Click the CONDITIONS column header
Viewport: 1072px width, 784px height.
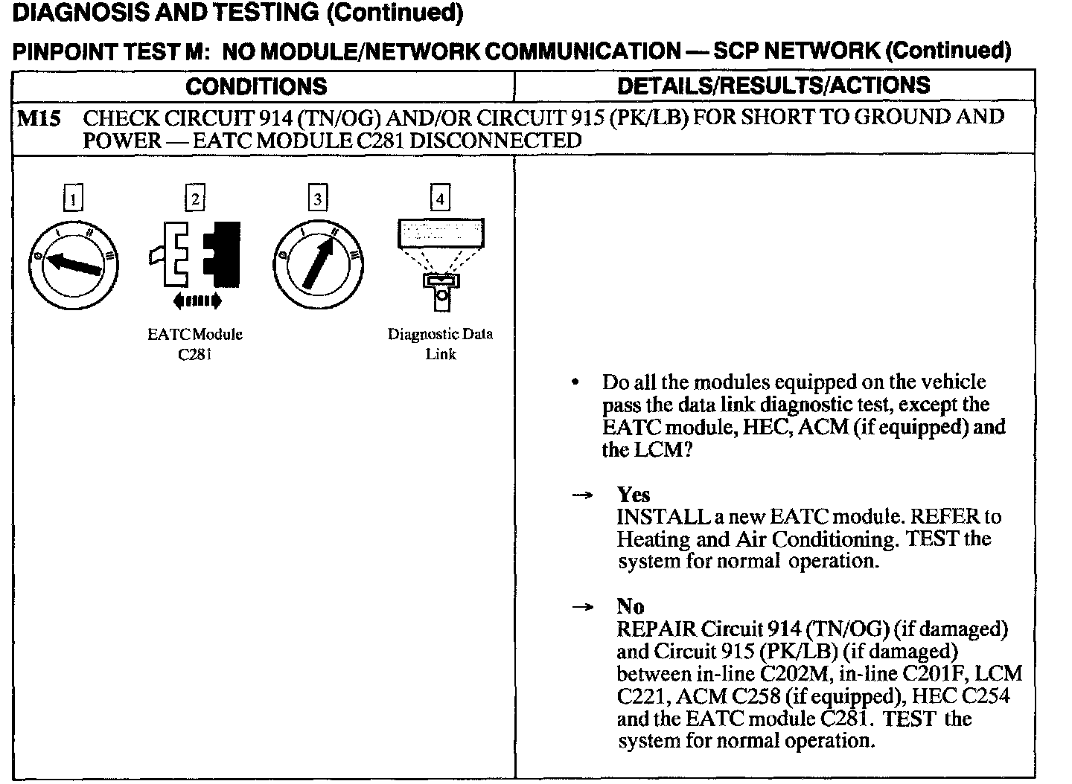(x=256, y=86)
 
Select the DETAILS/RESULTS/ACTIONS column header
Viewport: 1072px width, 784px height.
(x=773, y=86)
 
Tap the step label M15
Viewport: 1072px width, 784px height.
(x=39, y=118)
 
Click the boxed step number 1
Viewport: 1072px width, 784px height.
(x=72, y=199)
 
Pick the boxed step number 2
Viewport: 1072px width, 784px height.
(x=194, y=199)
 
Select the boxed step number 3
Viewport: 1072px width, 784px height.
(x=318, y=199)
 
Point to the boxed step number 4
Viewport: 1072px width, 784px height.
(x=441, y=199)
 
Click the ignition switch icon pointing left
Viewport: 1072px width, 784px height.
(x=73, y=263)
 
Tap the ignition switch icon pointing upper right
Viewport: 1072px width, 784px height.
(x=319, y=263)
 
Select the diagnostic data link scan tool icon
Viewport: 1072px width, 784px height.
(x=441, y=260)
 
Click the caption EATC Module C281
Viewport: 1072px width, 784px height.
(x=195, y=344)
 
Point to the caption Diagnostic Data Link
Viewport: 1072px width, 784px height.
(x=441, y=344)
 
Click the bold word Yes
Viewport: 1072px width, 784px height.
(x=633, y=495)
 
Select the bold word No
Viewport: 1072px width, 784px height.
(x=630, y=606)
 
